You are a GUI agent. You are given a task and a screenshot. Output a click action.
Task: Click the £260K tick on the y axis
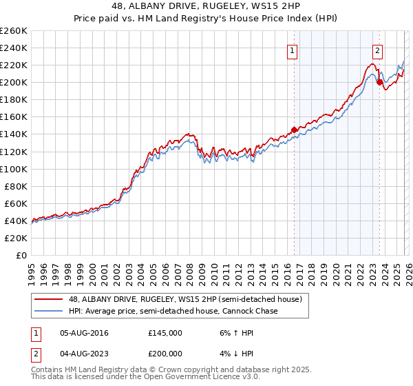click(x=14, y=31)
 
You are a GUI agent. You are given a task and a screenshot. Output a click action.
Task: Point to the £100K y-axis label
click(x=14, y=169)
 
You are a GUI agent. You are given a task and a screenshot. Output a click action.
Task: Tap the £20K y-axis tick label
click(x=16, y=238)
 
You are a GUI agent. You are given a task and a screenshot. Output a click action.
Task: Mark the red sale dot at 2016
click(x=294, y=130)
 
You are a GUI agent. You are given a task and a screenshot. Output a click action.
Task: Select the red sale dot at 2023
click(x=379, y=82)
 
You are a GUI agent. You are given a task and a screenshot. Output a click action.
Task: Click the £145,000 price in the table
click(x=165, y=333)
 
